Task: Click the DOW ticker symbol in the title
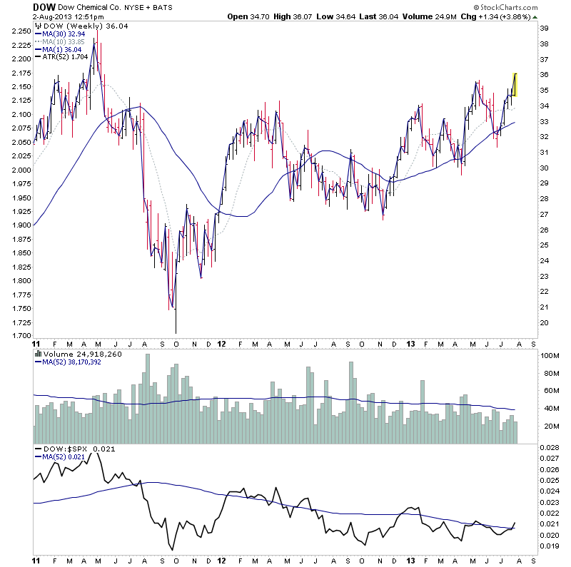point(44,6)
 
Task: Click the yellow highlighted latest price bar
point(515,84)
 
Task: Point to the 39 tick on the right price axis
point(543,28)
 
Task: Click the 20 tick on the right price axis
point(543,322)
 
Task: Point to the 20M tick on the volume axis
point(548,426)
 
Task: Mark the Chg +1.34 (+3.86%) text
point(507,16)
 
